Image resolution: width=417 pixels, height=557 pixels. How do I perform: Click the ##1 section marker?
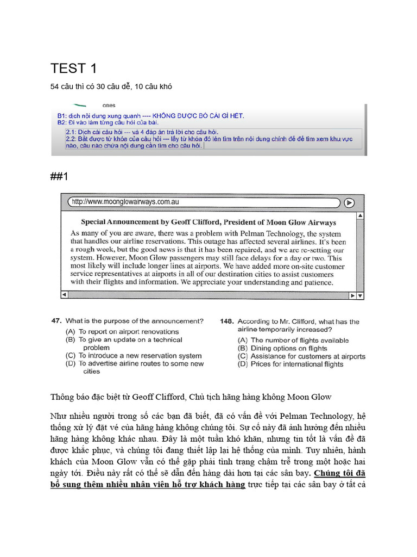pyautogui.click(x=61, y=176)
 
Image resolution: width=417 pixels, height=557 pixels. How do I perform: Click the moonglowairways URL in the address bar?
pyautogui.click(x=125, y=202)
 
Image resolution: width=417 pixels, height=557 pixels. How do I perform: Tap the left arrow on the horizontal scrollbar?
pyautogui.click(x=65, y=295)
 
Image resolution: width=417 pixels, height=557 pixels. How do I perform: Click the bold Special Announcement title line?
pyautogui.click(x=208, y=222)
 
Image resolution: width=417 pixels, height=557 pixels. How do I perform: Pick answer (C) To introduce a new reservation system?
pyautogui.click(x=134, y=356)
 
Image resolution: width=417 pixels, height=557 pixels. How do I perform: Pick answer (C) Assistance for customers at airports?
pyautogui.click(x=301, y=356)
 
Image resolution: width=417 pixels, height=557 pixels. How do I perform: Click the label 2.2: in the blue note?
pyautogui.click(x=71, y=139)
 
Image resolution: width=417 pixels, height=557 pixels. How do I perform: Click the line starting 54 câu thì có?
pyautogui.click(x=111, y=86)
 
